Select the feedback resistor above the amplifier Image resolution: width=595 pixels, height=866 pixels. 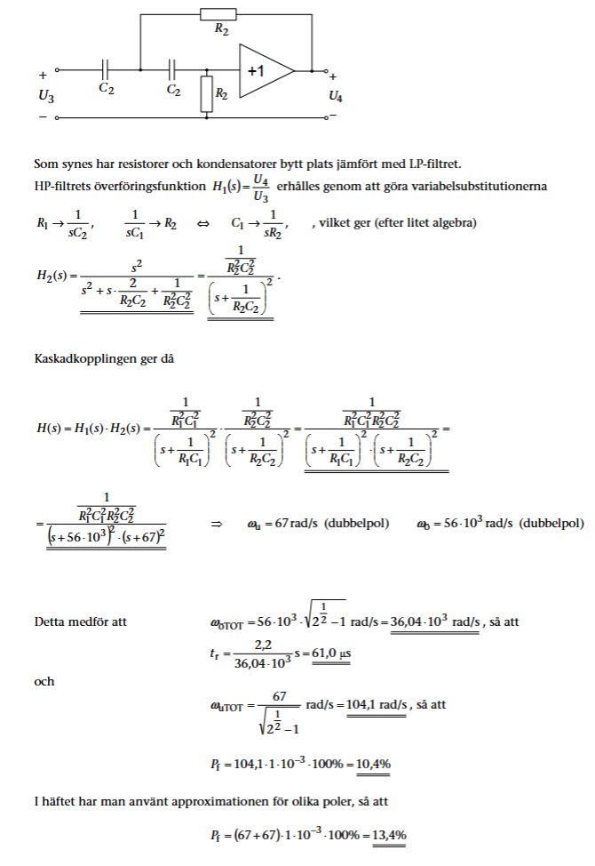pyautogui.click(x=218, y=14)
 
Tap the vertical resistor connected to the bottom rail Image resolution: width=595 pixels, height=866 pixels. pyautogui.click(x=207, y=92)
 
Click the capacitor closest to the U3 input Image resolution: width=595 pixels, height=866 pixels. pyautogui.click(x=107, y=69)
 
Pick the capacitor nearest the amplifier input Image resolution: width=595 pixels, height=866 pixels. pyautogui.click(x=172, y=69)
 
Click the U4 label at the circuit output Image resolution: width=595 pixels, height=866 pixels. pyautogui.click(x=335, y=95)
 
